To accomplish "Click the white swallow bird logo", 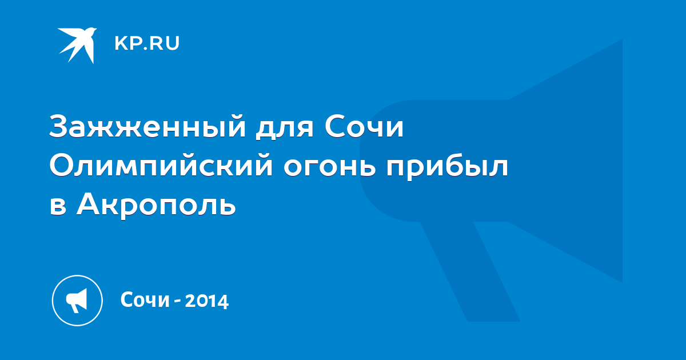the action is (77, 45).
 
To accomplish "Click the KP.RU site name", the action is (147, 43).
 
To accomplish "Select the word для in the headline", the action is (285, 128).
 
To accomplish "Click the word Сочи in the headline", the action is (364, 126).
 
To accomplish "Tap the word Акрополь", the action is (156, 204).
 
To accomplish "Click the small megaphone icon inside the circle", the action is (77, 301).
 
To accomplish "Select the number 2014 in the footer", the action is (207, 301).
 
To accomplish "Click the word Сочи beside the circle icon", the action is (145, 299).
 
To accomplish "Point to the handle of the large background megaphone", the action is (470, 271).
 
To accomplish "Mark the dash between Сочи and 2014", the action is (177, 301).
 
